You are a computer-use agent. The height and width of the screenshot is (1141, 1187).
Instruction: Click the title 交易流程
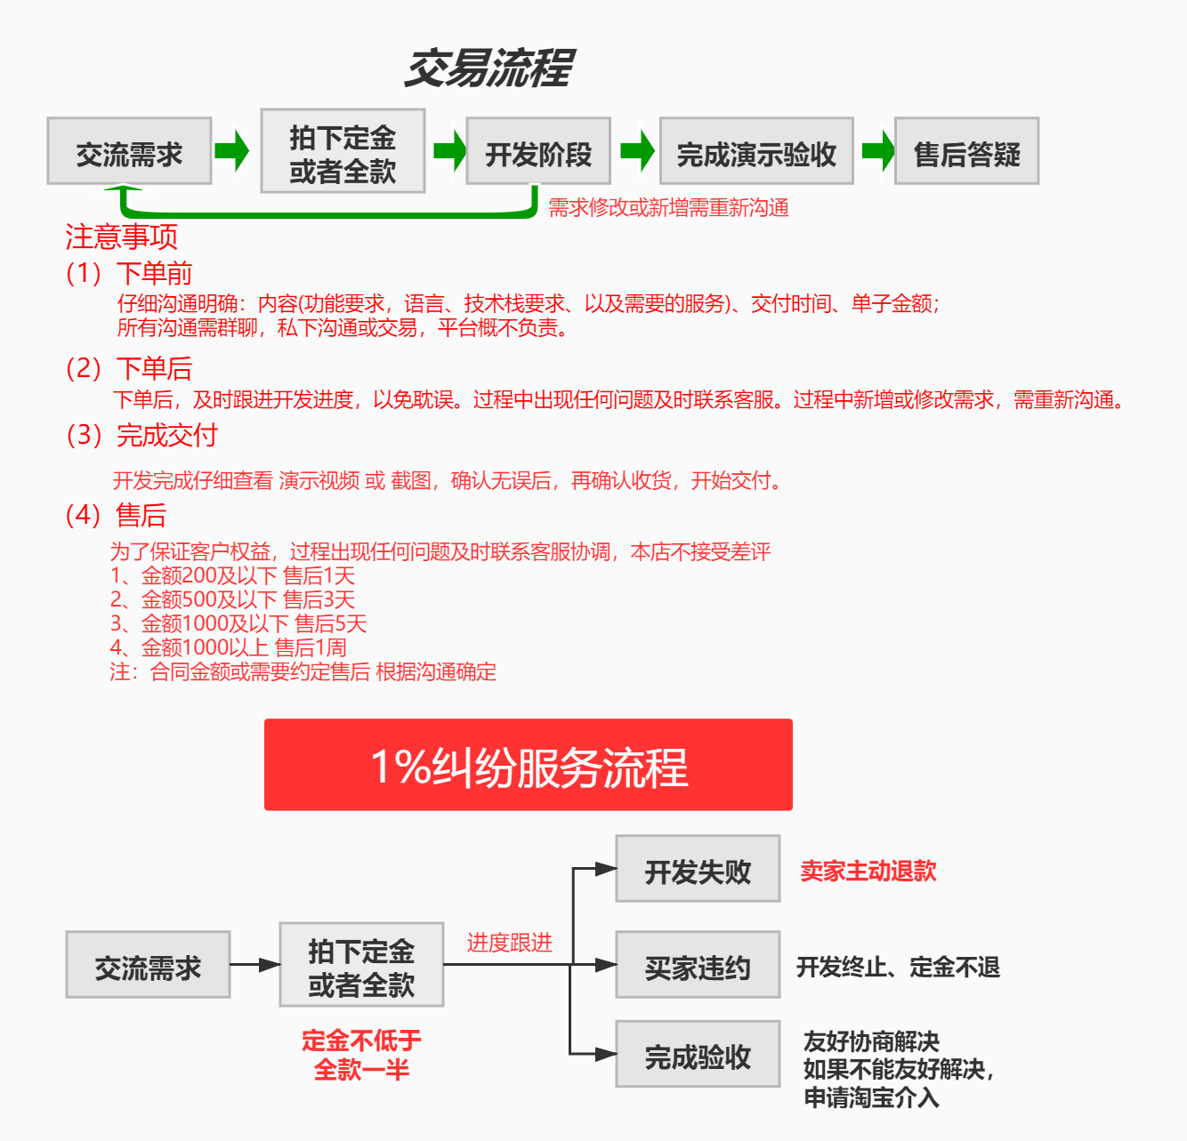(489, 68)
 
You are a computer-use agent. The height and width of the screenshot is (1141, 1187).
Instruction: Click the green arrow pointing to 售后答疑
(877, 151)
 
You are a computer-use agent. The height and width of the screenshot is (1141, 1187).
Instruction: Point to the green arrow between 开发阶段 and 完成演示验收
(637, 151)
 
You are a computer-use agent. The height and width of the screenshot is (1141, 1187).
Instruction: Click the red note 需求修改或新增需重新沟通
(668, 208)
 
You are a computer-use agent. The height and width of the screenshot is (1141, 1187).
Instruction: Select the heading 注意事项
(121, 237)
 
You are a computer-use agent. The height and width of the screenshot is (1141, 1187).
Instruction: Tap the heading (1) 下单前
(129, 273)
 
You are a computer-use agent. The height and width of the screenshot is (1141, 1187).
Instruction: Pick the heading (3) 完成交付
(141, 435)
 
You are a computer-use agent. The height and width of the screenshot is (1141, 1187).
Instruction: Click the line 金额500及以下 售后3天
(232, 600)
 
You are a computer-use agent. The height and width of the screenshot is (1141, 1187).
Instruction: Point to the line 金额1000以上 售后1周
(229, 648)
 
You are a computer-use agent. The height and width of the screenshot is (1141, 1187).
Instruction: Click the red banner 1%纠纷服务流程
(529, 765)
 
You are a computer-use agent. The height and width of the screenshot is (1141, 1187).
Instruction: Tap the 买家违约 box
(698, 965)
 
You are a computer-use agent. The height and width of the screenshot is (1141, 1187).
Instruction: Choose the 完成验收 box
(698, 1055)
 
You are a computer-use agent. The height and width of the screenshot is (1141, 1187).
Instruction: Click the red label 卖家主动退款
(868, 872)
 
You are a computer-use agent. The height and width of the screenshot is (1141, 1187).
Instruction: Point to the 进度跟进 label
(510, 943)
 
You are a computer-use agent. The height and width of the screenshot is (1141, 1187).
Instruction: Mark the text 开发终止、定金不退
(898, 967)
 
